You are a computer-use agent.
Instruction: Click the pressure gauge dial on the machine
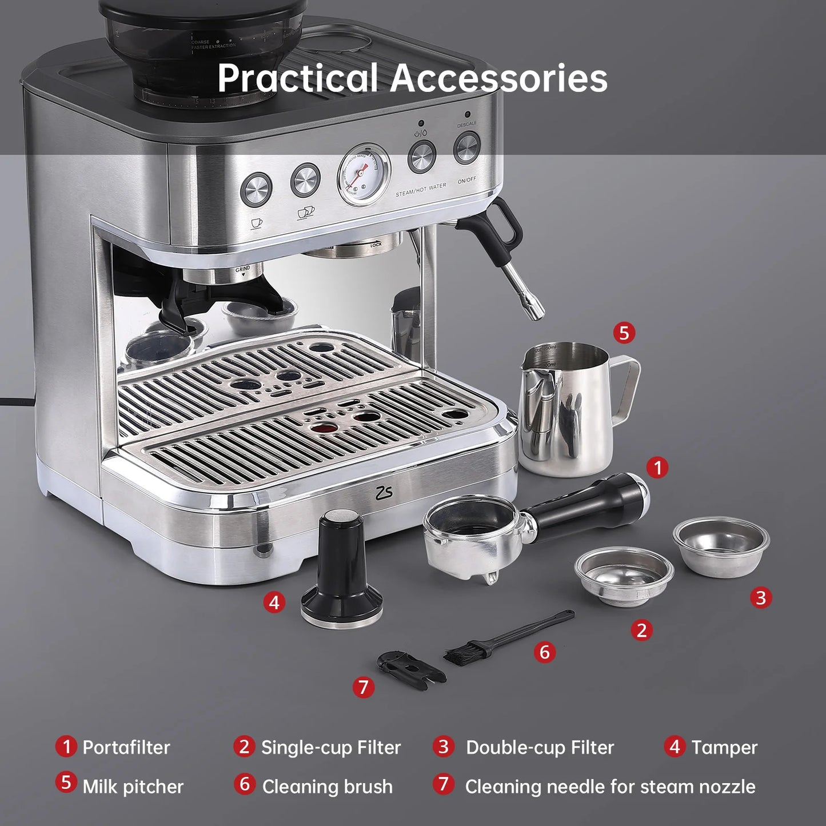[364, 174]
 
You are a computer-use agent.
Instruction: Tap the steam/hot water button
[422, 156]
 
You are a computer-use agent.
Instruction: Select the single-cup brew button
[256, 189]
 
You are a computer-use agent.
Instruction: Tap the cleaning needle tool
[409, 667]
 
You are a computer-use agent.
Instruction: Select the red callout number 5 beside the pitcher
[624, 332]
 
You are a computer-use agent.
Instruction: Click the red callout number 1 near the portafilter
[657, 468]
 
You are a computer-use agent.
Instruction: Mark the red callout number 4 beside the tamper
[274, 602]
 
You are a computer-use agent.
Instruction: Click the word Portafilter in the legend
[126, 747]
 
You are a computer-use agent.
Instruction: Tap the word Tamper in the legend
[724, 747]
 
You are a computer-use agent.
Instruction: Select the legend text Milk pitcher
[133, 787]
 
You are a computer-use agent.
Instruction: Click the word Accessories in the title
[498, 78]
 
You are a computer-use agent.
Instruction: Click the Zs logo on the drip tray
[385, 492]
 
